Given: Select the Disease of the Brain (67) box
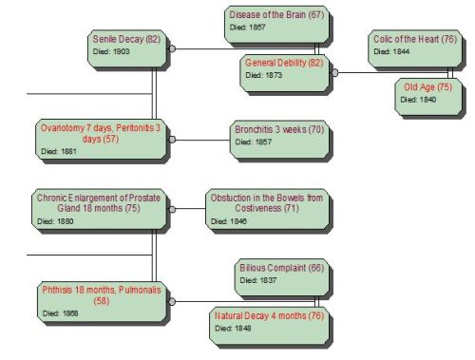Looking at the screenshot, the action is click(275, 22).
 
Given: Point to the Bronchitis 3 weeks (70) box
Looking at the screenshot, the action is click(277, 136).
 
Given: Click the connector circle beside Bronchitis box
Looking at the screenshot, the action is click(173, 140).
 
